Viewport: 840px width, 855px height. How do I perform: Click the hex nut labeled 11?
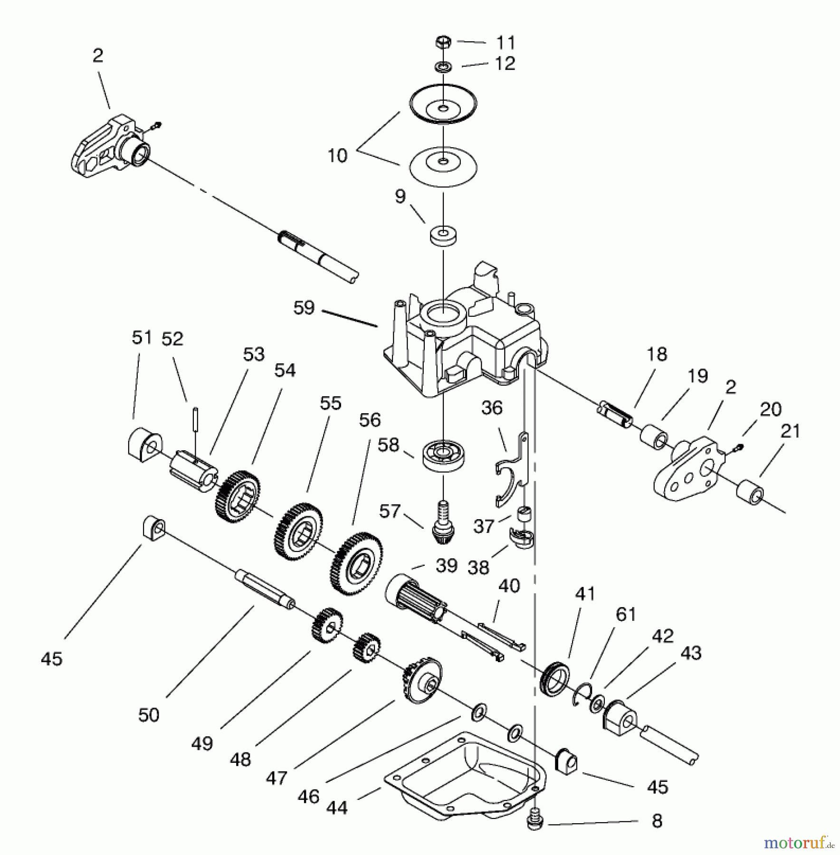coord(442,43)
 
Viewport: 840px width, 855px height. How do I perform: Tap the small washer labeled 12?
coord(442,66)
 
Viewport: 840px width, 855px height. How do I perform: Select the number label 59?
coord(304,308)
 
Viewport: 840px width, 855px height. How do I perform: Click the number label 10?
coord(337,156)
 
